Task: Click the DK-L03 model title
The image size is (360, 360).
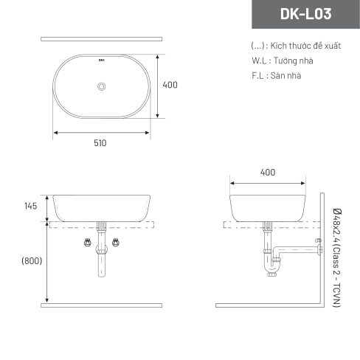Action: point(305,14)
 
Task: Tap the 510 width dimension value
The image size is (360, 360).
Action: point(100,143)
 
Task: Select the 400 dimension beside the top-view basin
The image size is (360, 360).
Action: point(170,85)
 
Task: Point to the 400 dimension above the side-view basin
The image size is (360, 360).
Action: point(268,173)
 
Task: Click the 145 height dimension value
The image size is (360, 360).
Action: point(31,206)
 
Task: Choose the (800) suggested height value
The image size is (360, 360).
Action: point(32,260)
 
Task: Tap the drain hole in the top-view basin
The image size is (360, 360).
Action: point(101,86)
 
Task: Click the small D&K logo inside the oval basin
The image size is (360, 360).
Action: point(102,60)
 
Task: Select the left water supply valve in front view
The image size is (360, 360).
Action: point(88,243)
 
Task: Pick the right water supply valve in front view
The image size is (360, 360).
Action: point(116,243)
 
